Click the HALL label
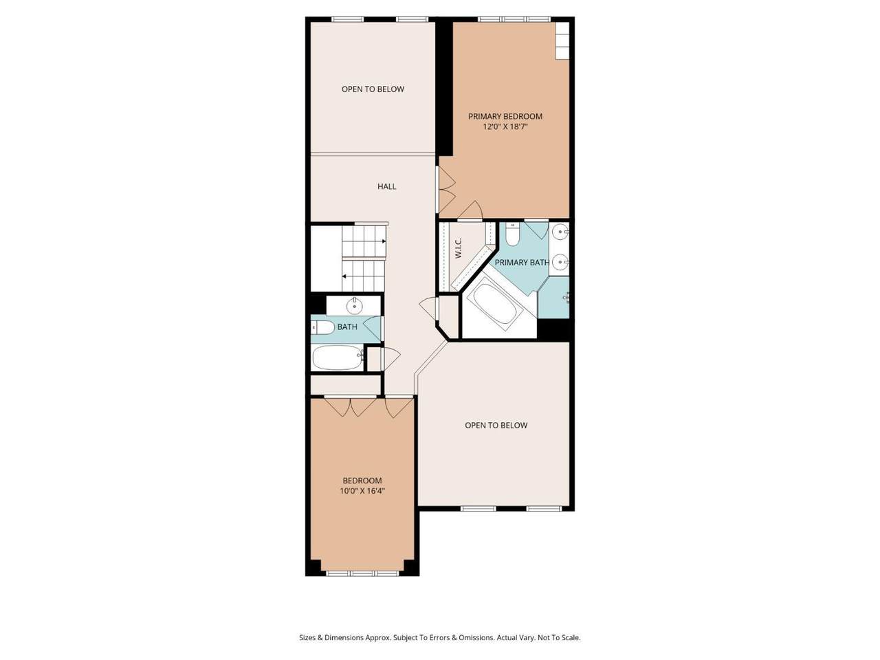[x=386, y=186]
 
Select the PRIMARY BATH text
[x=522, y=263]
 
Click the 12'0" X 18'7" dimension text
[x=505, y=126]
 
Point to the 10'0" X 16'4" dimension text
[x=362, y=491]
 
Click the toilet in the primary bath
[x=512, y=234]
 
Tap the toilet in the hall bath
[x=322, y=327]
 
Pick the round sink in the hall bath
[x=355, y=307]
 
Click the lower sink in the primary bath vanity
[x=560, y=263]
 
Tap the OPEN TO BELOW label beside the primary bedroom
[x=373, y=89]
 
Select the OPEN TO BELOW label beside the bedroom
[x=496, y=425]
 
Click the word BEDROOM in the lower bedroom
[x=362, y=481]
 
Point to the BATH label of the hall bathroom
[x=347, y=327]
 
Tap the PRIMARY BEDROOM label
[x=505, y=116]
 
